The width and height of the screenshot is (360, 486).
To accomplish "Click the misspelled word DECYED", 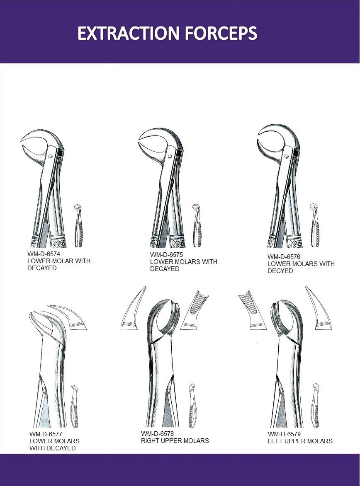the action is pos(280,271).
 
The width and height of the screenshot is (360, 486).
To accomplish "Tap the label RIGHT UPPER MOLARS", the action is pos(175,441).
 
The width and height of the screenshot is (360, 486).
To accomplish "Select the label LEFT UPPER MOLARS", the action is pos(300,441).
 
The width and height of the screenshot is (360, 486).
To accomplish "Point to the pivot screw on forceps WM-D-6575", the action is pos(169,156).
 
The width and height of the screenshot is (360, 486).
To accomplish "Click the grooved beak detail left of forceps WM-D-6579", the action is pos(252,310).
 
